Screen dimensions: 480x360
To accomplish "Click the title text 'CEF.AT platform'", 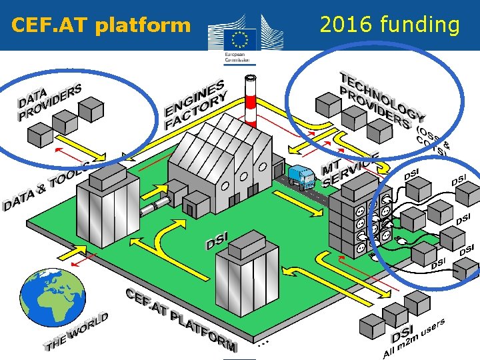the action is [x=101, y=26].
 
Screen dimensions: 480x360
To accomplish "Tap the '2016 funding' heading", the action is [x=389, y=25].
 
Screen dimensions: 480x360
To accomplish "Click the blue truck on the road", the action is [x=301, y=177].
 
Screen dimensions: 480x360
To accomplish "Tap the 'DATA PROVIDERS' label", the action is [x=49, y=102].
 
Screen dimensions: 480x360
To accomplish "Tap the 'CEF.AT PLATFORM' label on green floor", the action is [x=181, y=319].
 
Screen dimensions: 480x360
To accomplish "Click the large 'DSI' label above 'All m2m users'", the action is [x=403, y=331].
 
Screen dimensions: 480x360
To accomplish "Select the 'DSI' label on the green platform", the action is [x=217, y=240].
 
